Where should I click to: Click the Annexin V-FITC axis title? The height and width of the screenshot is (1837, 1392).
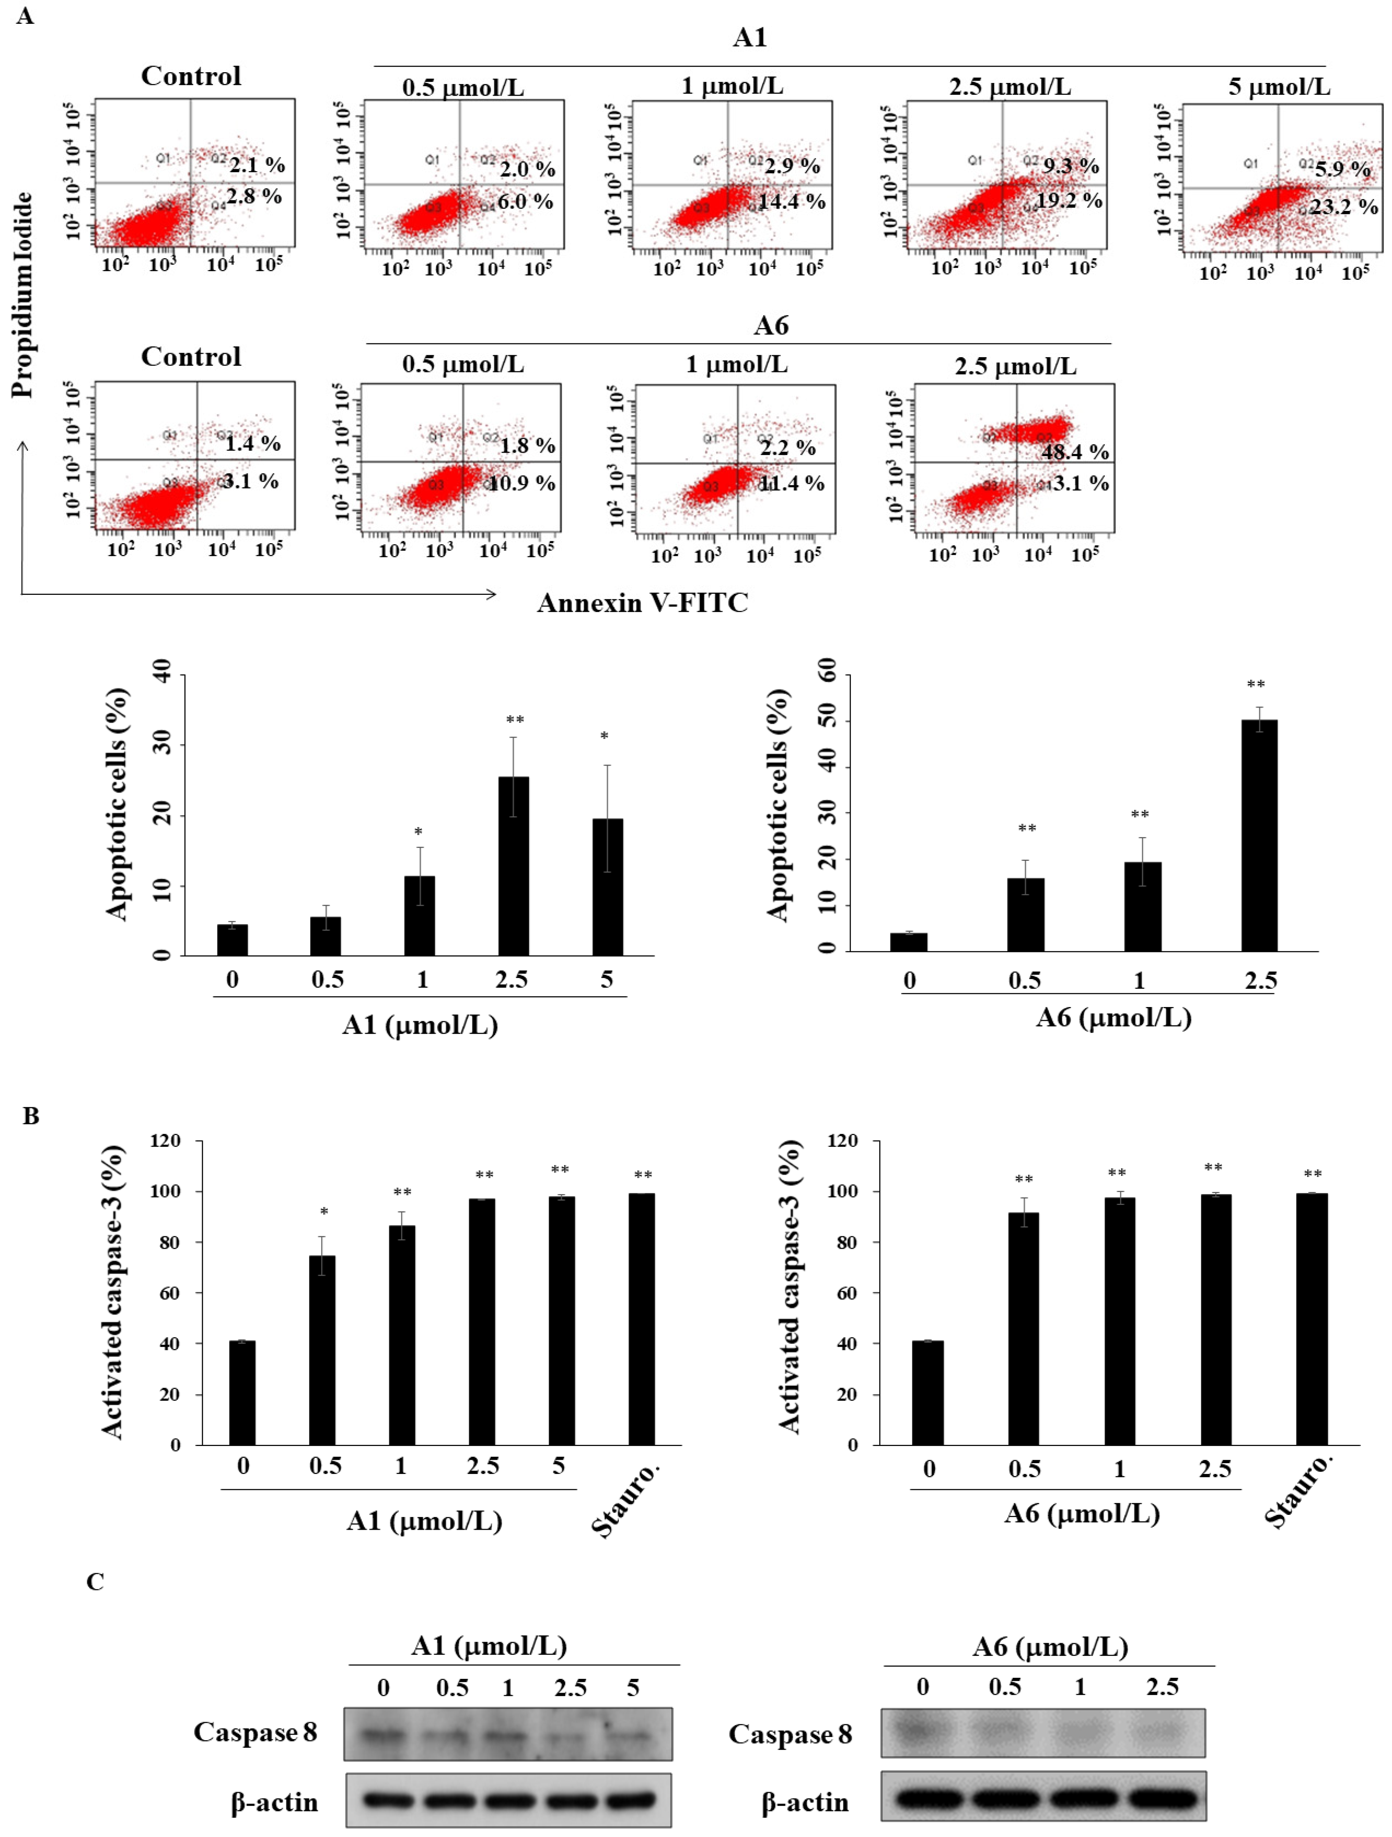[x=642, y=603]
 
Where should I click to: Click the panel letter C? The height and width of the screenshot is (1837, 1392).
[x=96, y=1581]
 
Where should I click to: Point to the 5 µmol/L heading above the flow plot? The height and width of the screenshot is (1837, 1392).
[x=1279, y=86]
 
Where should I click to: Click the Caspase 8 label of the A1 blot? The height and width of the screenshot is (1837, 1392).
[x=255, y=1731]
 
